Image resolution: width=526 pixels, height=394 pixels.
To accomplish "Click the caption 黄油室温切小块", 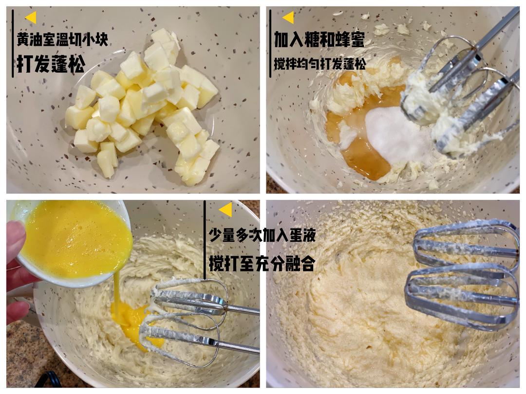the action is (62, 40).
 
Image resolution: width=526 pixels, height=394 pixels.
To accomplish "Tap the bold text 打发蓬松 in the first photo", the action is (50, 64).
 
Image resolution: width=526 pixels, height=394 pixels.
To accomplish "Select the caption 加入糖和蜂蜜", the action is (319, 39).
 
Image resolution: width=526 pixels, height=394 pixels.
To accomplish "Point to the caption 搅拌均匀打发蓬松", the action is (319, 64).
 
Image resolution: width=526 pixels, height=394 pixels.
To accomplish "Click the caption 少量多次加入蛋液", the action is (262, 235).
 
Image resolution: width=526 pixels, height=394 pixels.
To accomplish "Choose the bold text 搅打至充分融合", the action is (262, 263).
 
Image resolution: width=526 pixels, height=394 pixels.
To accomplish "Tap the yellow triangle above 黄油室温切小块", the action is (31, 18).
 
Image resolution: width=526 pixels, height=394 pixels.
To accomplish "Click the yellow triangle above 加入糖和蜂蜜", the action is (288, 18).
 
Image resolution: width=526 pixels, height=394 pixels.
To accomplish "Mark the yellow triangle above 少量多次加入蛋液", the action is (225, 210).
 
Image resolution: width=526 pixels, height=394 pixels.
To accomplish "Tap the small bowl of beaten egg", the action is (72, 243).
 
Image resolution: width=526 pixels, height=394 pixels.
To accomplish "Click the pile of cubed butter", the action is (143, 106).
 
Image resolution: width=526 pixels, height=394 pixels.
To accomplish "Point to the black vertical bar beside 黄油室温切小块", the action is (13, 44).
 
